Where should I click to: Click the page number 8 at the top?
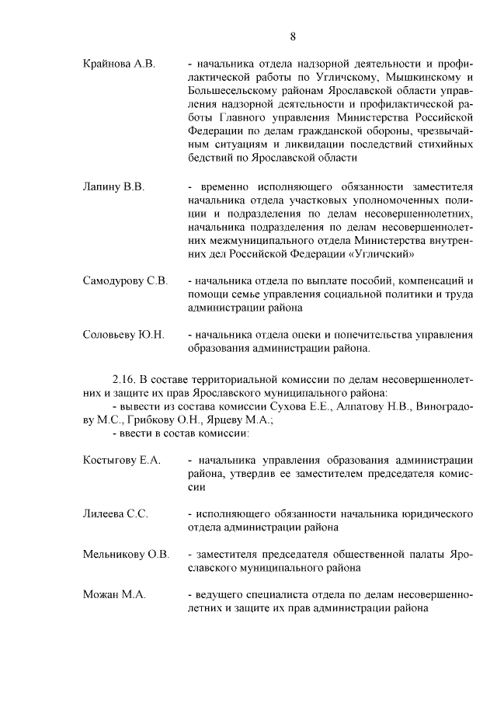click(293, 37)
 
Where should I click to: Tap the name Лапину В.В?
click(113, 187)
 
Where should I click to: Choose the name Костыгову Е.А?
click(122, 460)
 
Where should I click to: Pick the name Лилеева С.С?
click(115, 514)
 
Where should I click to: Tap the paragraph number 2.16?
click(124, 378)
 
